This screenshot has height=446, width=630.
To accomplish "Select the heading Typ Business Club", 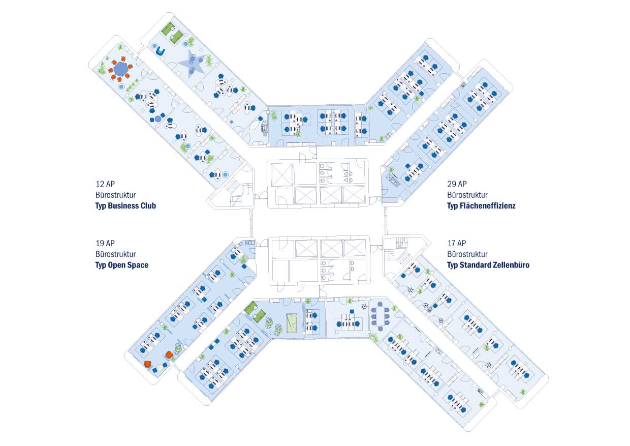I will click(x=125, y=206).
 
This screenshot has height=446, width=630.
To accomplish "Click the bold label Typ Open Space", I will click(x=122, y=265).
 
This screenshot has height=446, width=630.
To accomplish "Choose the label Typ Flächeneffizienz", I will click(x=481, y=206).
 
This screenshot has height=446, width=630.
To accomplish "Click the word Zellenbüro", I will click(x=510, y=265).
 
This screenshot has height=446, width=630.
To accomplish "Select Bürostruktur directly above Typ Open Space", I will click(x=115, y=254).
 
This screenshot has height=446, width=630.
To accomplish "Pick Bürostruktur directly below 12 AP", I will click(x=115, y=195).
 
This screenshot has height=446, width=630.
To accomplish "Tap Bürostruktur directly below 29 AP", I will click(x=467, y=195).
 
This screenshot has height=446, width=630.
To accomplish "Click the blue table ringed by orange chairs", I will click(x=121, y=69).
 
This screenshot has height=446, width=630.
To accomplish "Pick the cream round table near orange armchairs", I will click(x=160, y=367).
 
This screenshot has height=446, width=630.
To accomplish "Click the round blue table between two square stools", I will click(x=159, y=118).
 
